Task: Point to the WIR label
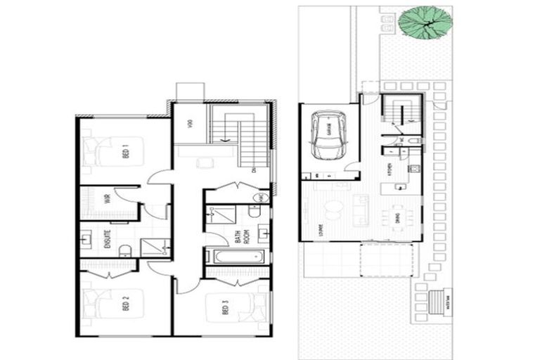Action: click(x=108, y=198)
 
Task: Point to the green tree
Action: click(x=425, y=22)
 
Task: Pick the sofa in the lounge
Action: click(x=362, y=209)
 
